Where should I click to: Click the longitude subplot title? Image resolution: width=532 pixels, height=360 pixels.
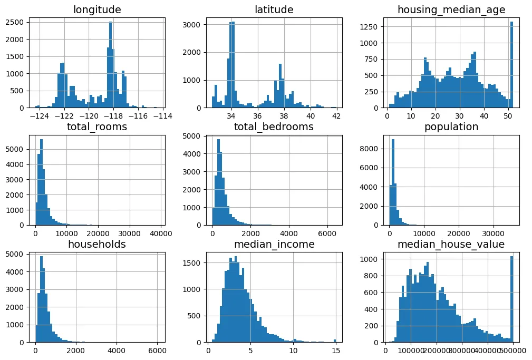tap(98, 9)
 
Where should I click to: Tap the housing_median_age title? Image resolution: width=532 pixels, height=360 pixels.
tap(452, 9)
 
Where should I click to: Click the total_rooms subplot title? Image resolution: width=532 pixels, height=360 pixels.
tap(98, 127)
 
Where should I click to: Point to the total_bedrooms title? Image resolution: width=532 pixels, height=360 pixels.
tap(275, 127)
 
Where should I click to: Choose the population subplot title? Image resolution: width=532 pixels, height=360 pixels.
tap(452, 127)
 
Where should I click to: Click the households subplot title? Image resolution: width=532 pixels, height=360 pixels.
tap(98, 245)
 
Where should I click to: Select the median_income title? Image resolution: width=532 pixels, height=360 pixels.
tap(275, 245)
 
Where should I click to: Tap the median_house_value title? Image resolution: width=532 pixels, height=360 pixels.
tap(452, 245)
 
